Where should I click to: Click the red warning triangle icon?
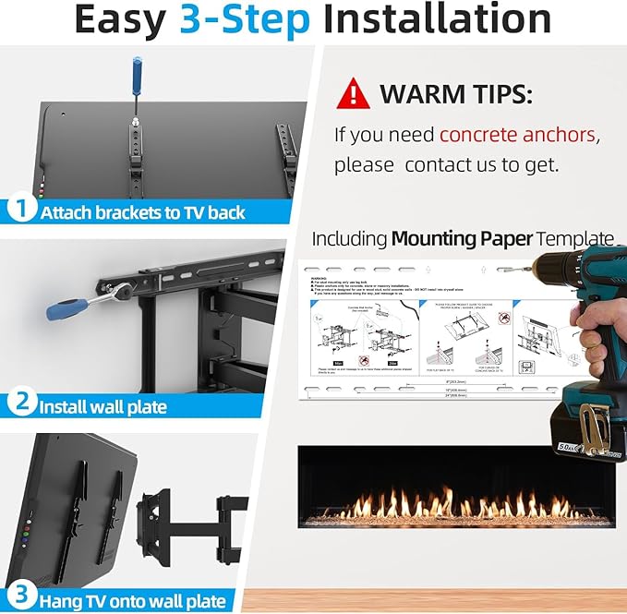point(354,93)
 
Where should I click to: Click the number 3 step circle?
point(20,597)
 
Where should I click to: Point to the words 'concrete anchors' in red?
point(517,135)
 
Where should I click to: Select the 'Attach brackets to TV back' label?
point(142,211)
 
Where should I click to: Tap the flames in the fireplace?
point(462,506)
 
